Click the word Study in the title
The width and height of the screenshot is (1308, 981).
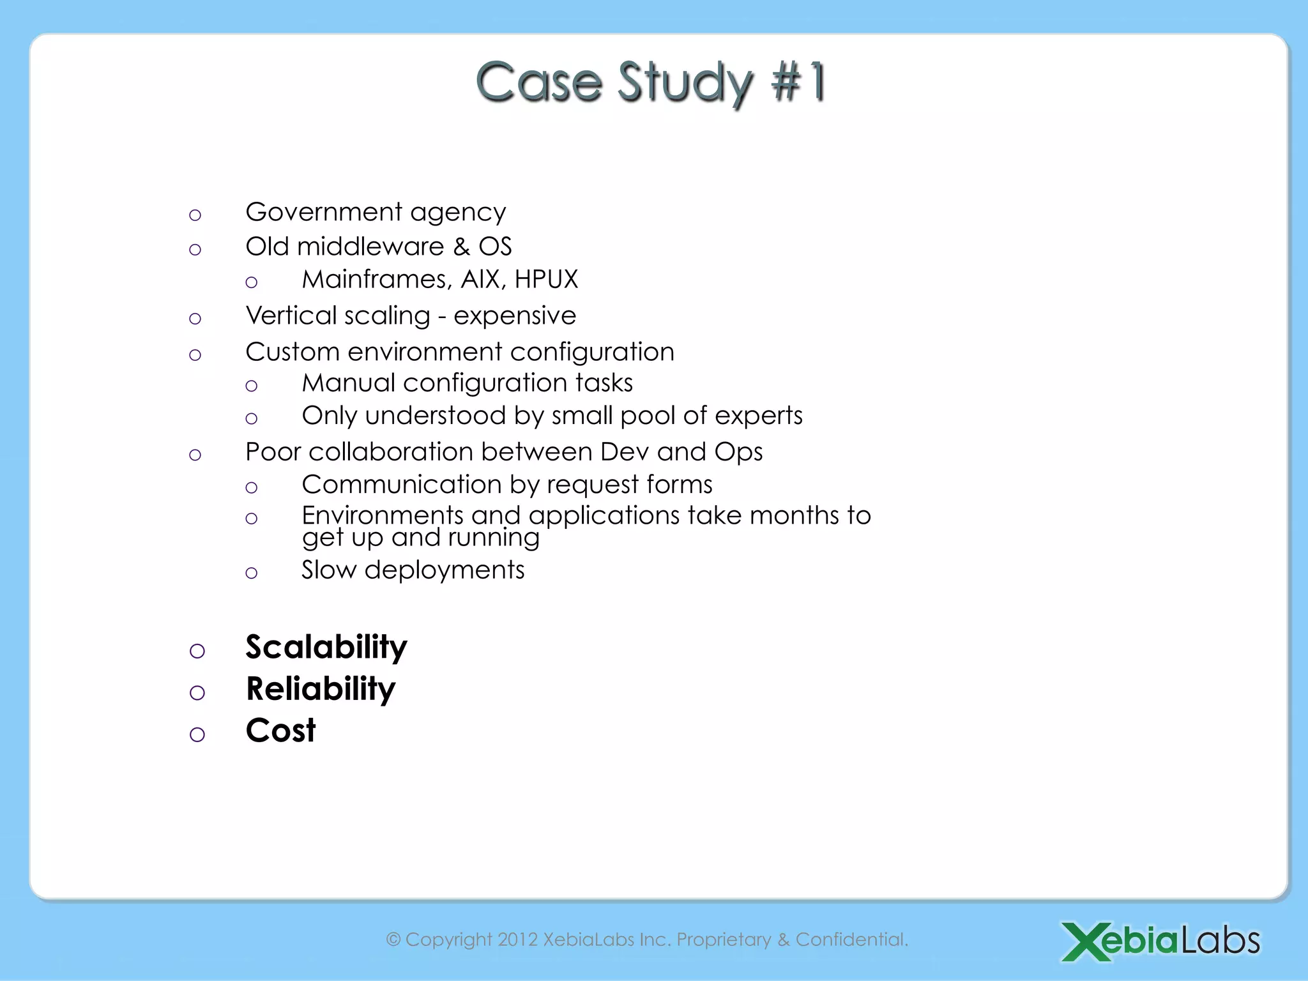pos(686,83)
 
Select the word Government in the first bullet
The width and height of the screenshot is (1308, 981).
pos(324,212)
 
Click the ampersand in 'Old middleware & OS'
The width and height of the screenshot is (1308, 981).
pos(461,247)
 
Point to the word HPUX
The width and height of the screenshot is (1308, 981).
pos(546,280)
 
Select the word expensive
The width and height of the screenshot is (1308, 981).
pos(515,316)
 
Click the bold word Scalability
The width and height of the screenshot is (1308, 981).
pos(326,648)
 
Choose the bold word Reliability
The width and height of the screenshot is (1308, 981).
pos(321,690)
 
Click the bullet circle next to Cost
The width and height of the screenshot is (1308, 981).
pos(197,734)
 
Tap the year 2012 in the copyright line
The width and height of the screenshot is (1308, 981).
pos(517,939)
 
